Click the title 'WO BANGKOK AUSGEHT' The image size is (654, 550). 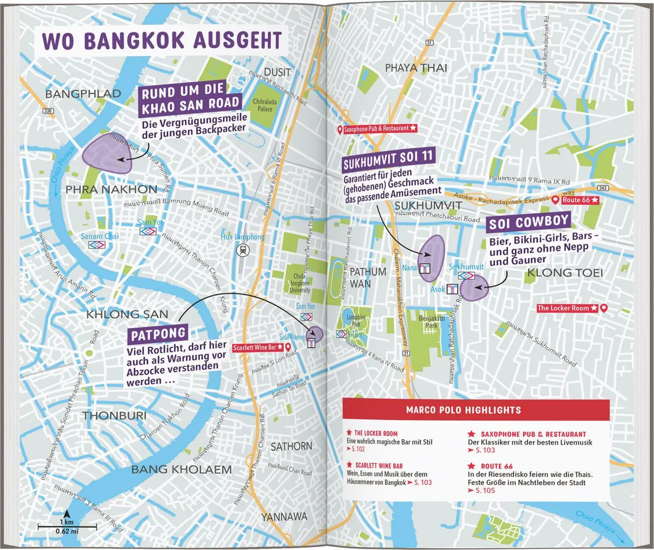(x=162, y=40)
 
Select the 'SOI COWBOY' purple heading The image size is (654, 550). (x=529, y=223)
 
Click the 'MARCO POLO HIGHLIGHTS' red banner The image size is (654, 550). (x=463, y=410)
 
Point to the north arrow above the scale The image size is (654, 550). (x=67, y=514)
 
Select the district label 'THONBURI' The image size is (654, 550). (x=115, y=416)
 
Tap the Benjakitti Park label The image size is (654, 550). (x=431, y=322)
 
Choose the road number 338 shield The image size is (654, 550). (x=48, y=111)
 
